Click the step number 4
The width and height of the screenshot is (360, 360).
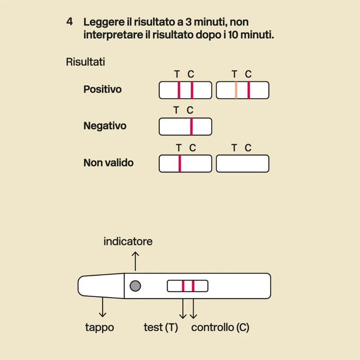(70, 22)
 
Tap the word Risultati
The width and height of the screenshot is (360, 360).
(85, 62)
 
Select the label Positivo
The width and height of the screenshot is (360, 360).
(103, 89)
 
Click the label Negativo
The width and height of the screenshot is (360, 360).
(105, 126)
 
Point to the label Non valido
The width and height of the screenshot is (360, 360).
(108, 162)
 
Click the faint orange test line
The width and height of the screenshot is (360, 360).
(236, 90)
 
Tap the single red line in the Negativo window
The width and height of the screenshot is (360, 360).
(192, 126)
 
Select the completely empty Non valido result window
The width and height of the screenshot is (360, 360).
(243, 163)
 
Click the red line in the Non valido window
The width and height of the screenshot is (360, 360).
(180, 163)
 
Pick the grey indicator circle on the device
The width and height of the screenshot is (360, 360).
(135, 286)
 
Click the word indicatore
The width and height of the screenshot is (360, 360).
(128, 241)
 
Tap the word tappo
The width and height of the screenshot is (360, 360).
(99, 328)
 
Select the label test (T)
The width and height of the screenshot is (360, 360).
(161, 328)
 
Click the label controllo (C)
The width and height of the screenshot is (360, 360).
(220, 328)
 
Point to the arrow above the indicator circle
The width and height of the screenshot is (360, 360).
(135, 261)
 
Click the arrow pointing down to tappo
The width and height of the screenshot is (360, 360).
(103, 307)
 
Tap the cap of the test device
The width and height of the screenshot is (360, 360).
(101, 286)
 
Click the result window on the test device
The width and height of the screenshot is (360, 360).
(188, 286)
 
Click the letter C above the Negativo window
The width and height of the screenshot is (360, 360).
(190, 110)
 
